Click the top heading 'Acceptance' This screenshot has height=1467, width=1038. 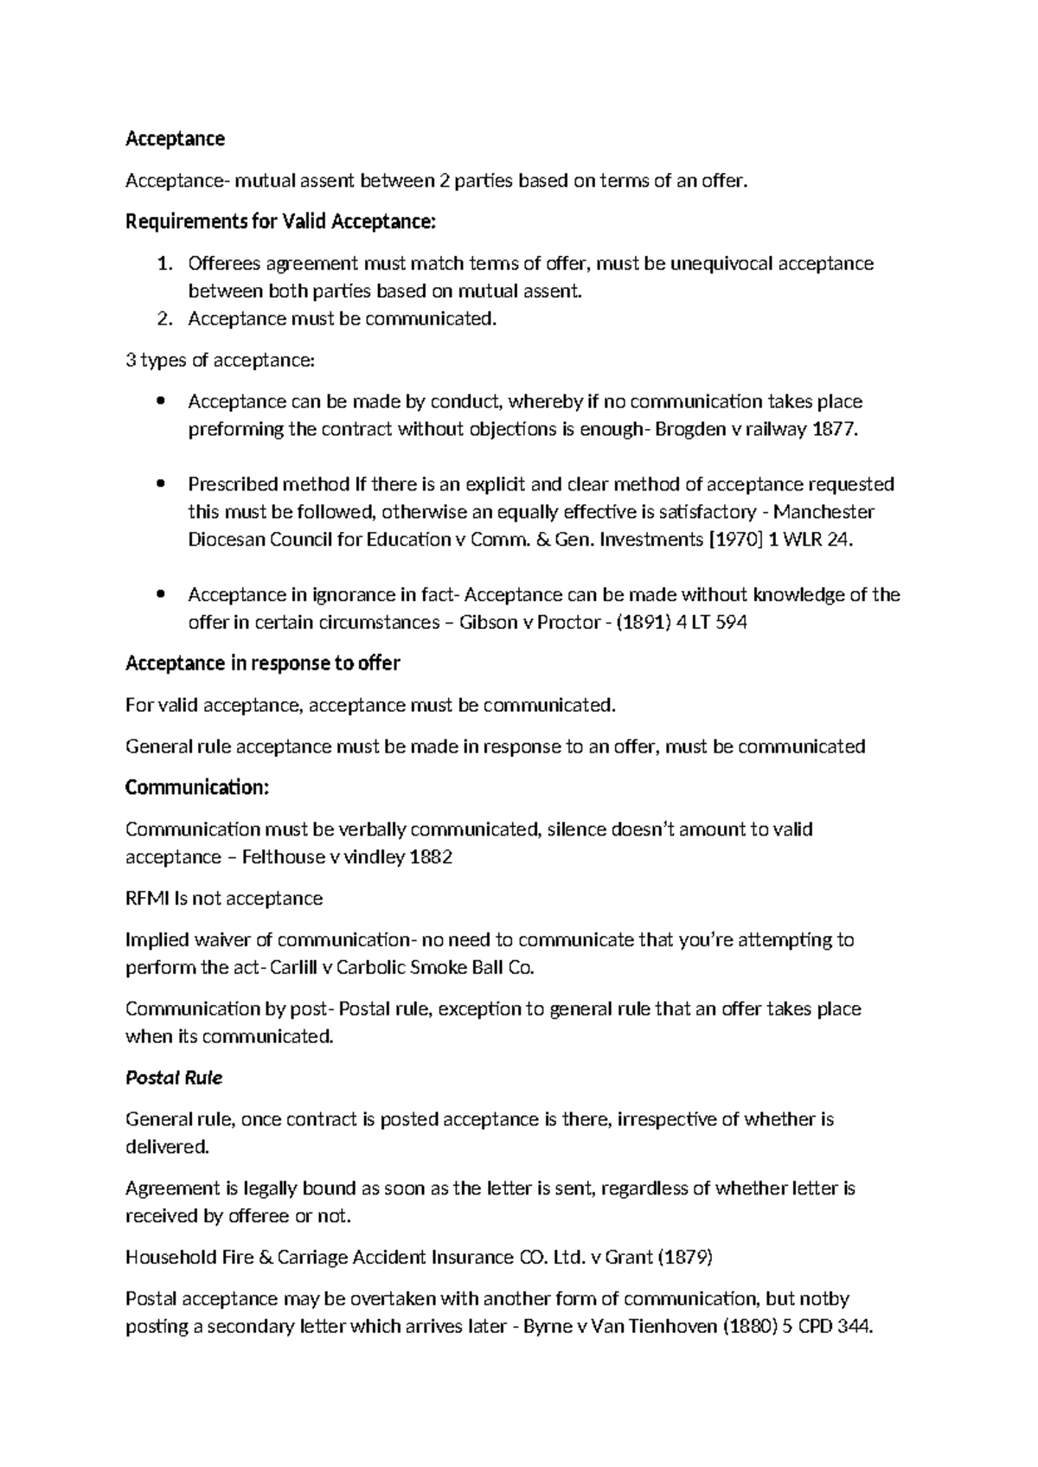click(x=175, y=138)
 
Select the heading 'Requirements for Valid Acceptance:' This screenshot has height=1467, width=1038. click(x=281, y=222)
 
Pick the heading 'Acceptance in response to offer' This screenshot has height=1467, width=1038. click(x=262, y=663)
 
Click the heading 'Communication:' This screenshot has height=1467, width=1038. click(x=197, y=787)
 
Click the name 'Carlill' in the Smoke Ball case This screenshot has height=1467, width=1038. click(x=293, y=967)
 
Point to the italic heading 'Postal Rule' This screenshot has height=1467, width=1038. click(x=173, y=1078)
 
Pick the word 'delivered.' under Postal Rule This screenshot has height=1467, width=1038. click(x=167, y=1147)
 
